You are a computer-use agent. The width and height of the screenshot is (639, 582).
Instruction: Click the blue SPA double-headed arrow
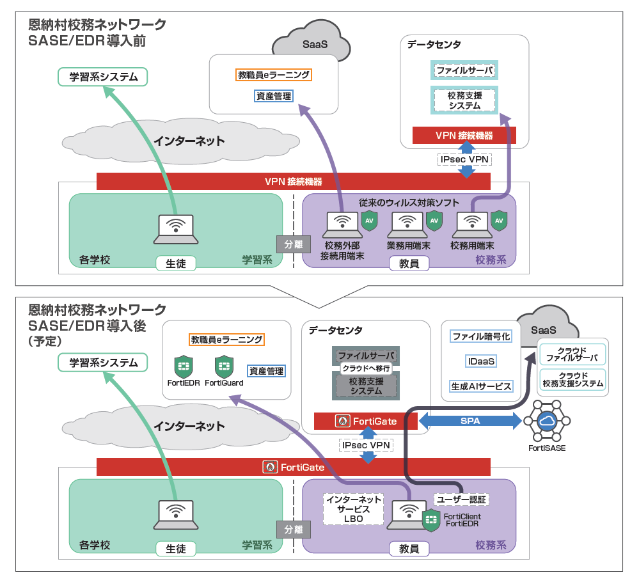(x=469, y=421)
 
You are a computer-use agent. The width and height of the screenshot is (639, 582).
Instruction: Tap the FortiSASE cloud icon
(x=547, y=421)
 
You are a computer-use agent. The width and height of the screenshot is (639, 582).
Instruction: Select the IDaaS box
(x=481, y=361)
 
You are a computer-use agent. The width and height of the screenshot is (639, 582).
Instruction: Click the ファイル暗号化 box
(x=481, y=336)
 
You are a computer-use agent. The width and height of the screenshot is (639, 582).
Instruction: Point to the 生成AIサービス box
(x=481, y=386)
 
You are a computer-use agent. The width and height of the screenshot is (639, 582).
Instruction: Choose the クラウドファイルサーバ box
(x=572, y=354)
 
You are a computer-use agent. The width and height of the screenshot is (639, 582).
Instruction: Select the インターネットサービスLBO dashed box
(x=353, y=509)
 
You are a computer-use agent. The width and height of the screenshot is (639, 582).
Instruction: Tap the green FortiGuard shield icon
(x=223, y=367)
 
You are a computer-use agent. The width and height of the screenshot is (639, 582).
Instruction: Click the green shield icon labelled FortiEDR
(x=184, y=367)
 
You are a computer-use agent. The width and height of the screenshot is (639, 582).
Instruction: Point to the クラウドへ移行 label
(x=366, y=368)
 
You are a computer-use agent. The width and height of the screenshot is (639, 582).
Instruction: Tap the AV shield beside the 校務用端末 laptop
(x=499, y=221)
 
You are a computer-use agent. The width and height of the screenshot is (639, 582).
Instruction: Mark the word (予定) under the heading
(x=44, y=342)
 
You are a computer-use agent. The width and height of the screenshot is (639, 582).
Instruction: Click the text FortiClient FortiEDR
(x=463, y=520)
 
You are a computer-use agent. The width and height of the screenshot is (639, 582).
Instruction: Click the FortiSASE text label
(x=546, y=448)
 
